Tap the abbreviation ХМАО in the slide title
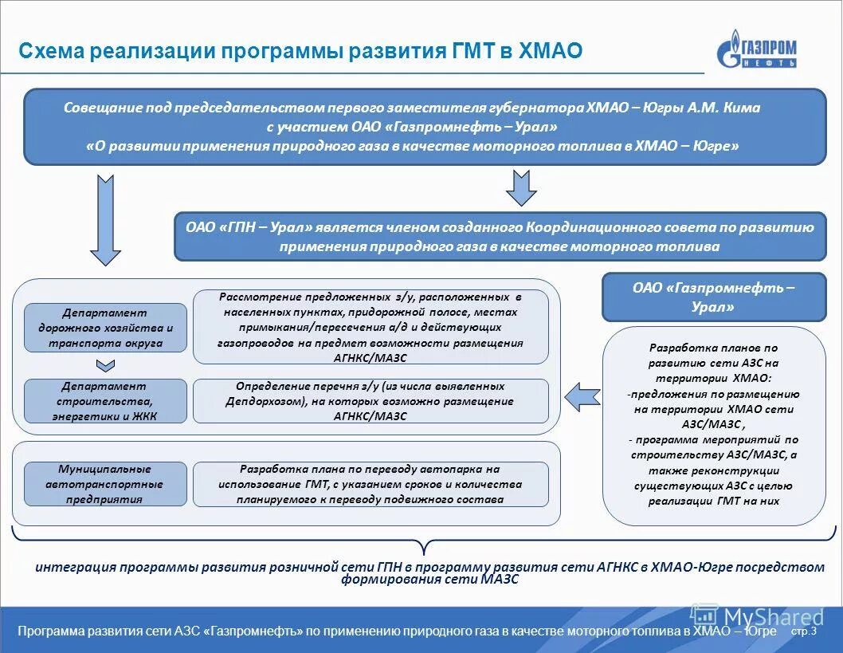click(x=550, y=52)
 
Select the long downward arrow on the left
click(x=104, y=220)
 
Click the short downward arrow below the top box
click(x=522, y=188)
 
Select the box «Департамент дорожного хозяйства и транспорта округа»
click(x=105, y=328)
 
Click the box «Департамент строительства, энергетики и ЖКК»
click(x=105, y=401)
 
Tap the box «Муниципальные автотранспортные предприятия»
click(x=105, y=484)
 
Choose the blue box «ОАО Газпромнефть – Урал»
click(x=714, y=297)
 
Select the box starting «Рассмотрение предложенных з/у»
click(x=371, y=327)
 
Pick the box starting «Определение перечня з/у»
click(x=371, y=401)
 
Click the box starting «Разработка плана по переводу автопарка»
click(x=371, y=484)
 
